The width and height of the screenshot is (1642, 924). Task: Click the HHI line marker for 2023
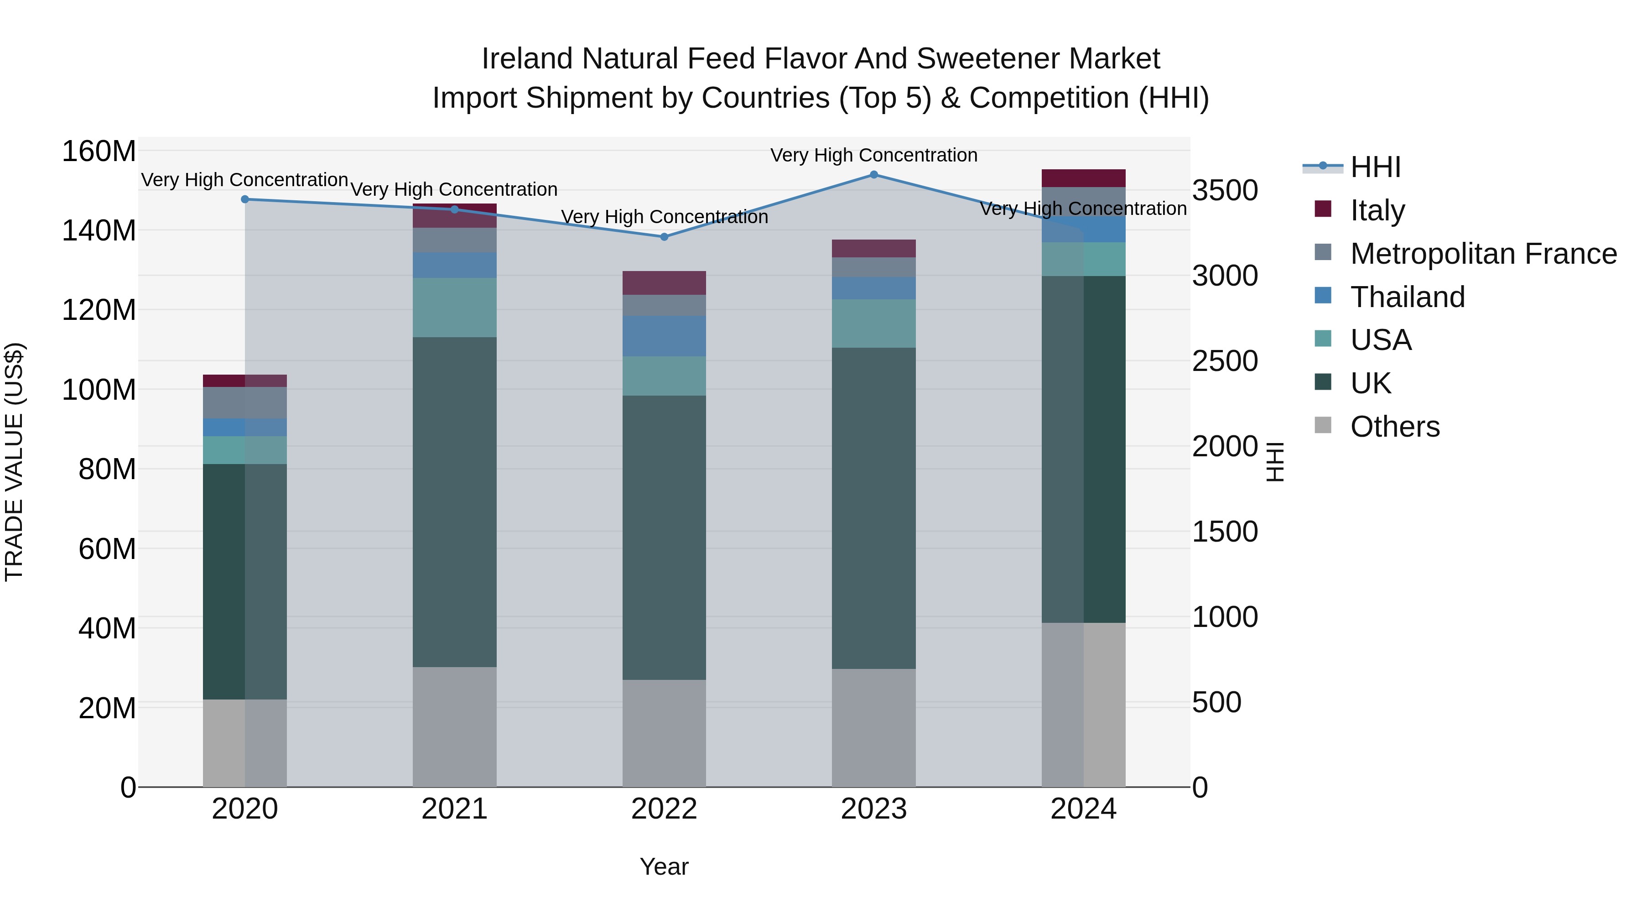tap(873, 175)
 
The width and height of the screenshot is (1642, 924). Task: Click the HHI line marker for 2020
tap(245, 199)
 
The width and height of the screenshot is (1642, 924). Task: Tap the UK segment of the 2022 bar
tap(664, 537)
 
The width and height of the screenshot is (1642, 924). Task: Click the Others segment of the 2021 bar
tap(454, 726)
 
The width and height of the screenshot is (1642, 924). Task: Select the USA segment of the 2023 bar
tap(873, 324)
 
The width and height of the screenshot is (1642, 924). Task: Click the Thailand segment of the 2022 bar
tap(664, 336)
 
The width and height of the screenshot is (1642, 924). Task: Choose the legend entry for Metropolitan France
tap(1483, 254)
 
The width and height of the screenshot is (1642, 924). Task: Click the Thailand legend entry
tap(1408, 297)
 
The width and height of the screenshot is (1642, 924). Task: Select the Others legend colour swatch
tap(1323, 425)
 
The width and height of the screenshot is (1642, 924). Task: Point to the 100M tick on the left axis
tap(99, 390)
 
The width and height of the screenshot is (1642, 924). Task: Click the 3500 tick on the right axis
tap(1225, 191)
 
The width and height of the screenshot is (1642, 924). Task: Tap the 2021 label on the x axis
tap(454, 809)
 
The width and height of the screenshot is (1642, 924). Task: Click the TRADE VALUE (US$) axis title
tap(14, 462)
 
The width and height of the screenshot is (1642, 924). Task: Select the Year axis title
tap(664, 867)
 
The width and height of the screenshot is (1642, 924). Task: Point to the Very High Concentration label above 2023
tap(873, 155)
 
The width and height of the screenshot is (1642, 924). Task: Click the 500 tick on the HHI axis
tap(1216, 703)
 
